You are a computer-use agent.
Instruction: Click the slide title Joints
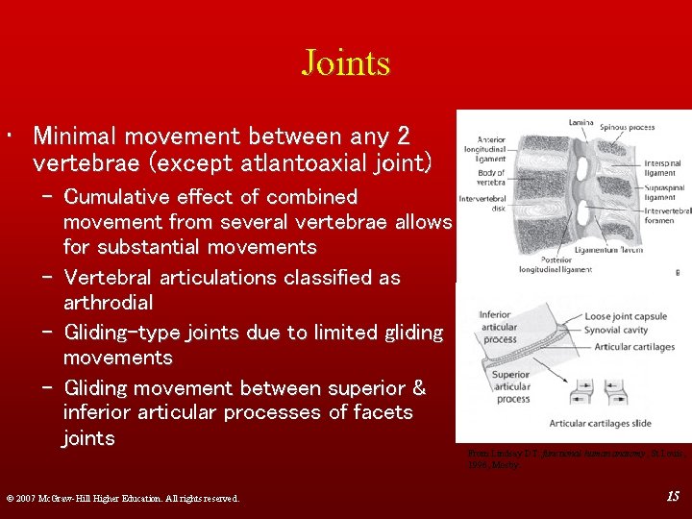coord(345,63)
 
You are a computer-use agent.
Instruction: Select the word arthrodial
coord(108,303)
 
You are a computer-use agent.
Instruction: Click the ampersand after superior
coord(418,387)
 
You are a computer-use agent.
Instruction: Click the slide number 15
coord(673,496)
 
